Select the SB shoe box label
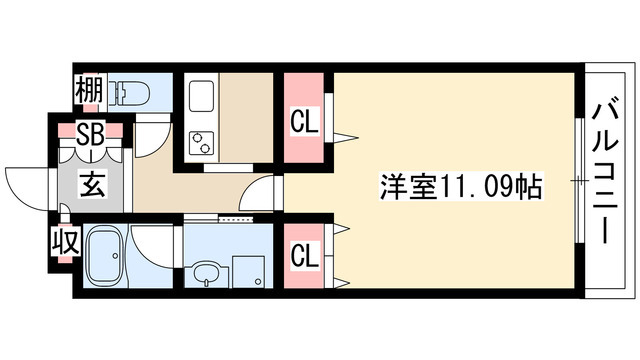coord(88,133)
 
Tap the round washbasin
coord(207,273)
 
